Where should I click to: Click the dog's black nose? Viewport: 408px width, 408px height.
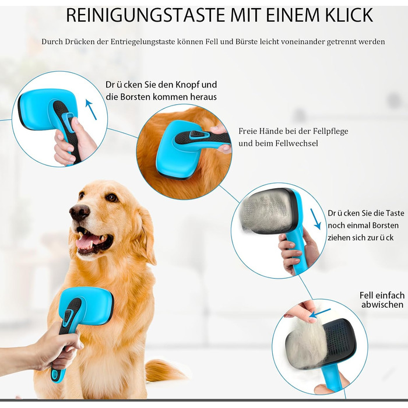pos(79,212)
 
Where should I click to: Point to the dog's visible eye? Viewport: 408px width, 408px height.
pos(112,198)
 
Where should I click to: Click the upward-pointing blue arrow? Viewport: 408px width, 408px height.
pos(91,110)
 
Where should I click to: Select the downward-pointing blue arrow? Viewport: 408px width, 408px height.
pos(316,219)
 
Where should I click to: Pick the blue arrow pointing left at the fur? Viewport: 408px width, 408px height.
pos(319,313)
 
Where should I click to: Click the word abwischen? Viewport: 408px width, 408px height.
pos(382,305)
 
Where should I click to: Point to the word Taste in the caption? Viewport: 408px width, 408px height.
pos(395,213)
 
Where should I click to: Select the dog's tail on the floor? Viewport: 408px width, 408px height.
pos(163,370)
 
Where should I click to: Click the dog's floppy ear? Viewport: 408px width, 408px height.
pos(146,234)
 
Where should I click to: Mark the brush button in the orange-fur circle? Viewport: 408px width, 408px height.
pos(198,135)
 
